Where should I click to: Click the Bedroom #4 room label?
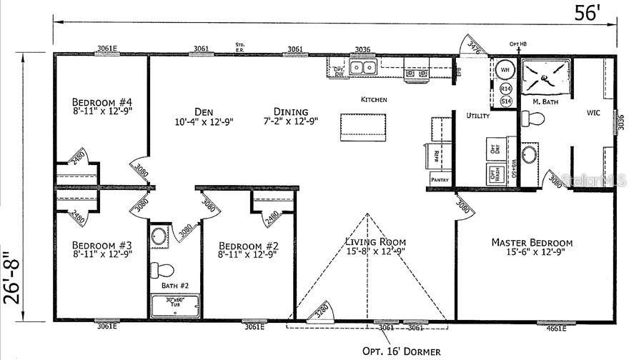[x=102, y=101]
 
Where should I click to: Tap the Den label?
[x=201, y=111]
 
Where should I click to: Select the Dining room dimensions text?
[x=291, y=121]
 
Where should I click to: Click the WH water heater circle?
[x=505, y=69]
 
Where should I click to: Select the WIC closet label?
[x=593, y=113]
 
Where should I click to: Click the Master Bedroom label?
[x=531, y=243]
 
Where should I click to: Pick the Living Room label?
[x=375, y=241]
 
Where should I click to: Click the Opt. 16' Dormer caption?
[x=401, y=351]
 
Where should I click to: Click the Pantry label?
[x=439, y=181]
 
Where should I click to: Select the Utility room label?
[x=477, y=116]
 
